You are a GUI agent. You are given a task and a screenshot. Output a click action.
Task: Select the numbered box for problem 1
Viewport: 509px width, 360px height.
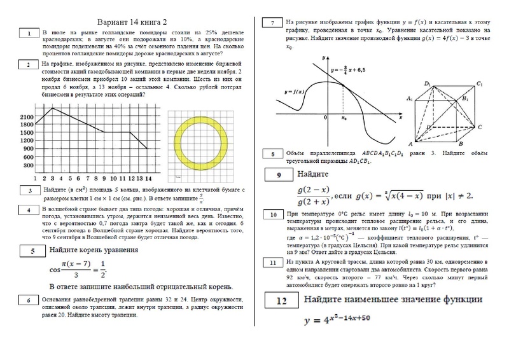point(29,34)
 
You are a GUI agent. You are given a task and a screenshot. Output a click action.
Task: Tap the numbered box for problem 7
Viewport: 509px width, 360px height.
point(272,24)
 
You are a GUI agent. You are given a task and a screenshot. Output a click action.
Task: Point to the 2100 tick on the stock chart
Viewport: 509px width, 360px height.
point(26,118)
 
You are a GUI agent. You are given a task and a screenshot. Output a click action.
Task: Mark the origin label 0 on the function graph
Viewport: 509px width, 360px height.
point(325,118)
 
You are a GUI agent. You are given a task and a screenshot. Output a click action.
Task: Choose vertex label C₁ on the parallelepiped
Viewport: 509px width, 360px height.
point(486,85)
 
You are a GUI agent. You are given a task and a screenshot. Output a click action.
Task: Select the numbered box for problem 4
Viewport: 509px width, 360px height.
point(29,210)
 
